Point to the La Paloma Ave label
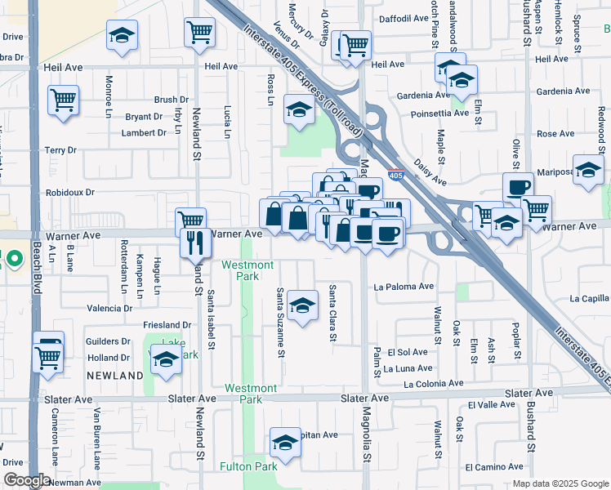pyautogui.click(x=404, y=287)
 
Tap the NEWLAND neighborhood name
pyautogui.click(x=115, y=376)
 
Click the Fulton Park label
pyautogui.click(x=249, y=466)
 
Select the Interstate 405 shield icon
pyautogui.click(x=395, y=175)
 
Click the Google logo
pyautogui.click(x=26, y=480)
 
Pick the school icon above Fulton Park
pyautogui.click(x=285, y=442)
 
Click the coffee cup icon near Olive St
pyautogui.click(x=517, y=186)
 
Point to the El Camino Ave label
pyautogui.click(x=493, y=467)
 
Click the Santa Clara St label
pyautogui.click(x=332, y=314)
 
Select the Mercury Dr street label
pyautogui.click(x=301, y=20)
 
